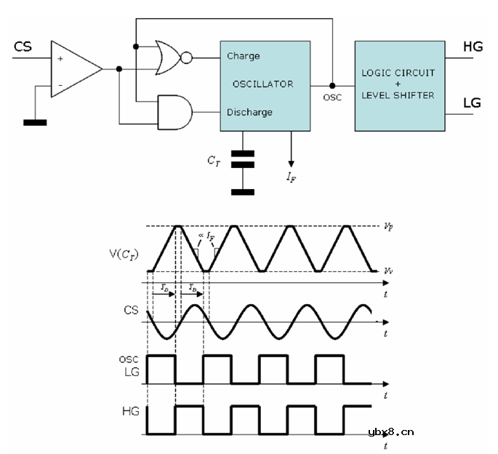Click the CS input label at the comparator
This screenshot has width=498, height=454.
point(22,47)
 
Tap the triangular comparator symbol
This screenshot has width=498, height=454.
point(74,69)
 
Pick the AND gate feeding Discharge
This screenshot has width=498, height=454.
point(174,111)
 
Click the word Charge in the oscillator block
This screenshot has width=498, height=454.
point(243,56)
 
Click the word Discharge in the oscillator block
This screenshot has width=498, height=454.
point(249,112)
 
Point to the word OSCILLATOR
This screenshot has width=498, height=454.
point(262,84)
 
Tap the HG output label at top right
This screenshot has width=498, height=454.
point(473,48)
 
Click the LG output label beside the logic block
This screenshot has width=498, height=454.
point(472,103)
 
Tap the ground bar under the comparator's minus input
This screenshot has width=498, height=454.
point(34,122)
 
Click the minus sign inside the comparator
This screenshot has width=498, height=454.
point(60,86)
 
